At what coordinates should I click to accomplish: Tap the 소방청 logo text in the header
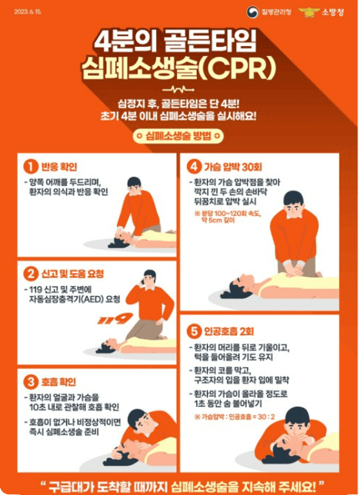click(x=333, y=12)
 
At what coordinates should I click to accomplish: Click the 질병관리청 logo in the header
click(x=277, y=12)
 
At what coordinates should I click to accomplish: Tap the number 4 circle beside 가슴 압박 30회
click(x=193, y=166)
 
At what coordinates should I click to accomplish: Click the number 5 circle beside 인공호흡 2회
click(x=193, y=331)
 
